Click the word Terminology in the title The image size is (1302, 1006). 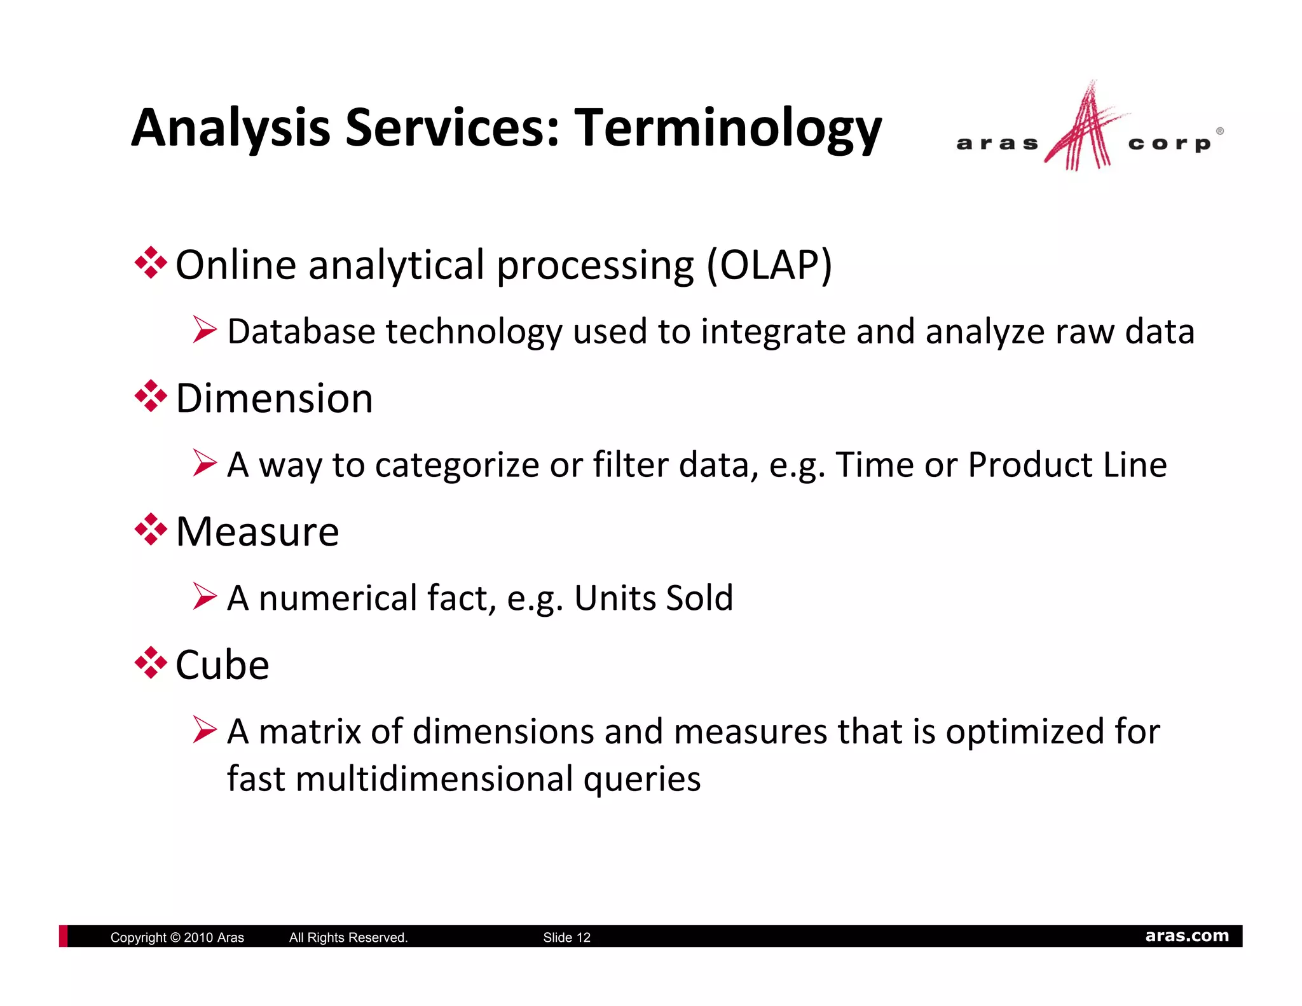(x=728, y=128)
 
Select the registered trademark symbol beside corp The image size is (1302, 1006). (x=1219, y=131)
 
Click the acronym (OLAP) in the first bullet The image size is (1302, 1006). (x=769, y=265)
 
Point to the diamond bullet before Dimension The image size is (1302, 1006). (x=151, y=396)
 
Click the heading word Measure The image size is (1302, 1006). (x=257, y=532)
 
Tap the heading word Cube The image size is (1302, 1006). (x=222, y=665)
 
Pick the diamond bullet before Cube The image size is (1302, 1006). (x=151, y=663)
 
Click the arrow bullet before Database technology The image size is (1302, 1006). (x=205, y=331)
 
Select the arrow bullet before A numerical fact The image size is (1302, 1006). (x=205, y=597)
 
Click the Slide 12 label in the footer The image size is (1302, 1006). (x=566, y=937)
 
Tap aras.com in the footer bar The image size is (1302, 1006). (x=1187, y=936)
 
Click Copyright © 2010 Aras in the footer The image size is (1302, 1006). (x=177, y=937)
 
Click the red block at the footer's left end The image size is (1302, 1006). (x=63, y=936)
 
